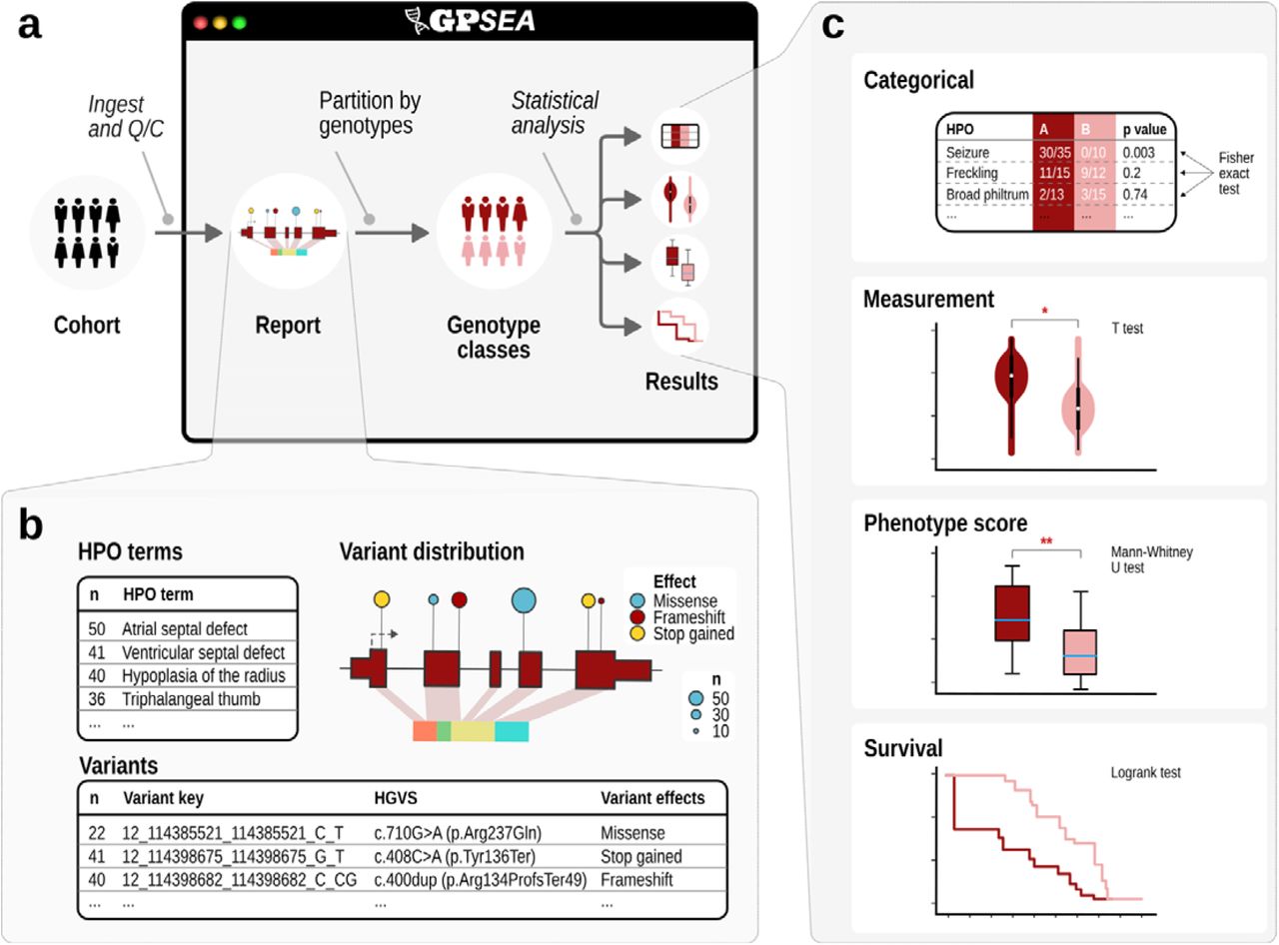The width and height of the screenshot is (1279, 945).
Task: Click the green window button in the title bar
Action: [239, 22]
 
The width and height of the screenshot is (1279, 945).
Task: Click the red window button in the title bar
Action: [200, 22]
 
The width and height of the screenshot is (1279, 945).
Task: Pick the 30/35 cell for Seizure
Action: [1052, 153]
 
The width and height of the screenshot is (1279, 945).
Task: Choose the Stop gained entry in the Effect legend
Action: [692, 633]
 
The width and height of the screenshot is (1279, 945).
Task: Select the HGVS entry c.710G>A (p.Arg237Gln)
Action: [468, 832]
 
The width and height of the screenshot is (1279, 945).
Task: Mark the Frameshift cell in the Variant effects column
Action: [636, 879]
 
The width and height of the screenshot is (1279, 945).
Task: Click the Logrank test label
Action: [1146, 772]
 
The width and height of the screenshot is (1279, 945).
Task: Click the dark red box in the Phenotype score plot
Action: [1013, 611]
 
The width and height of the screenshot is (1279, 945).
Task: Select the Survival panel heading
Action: [903, 747]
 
